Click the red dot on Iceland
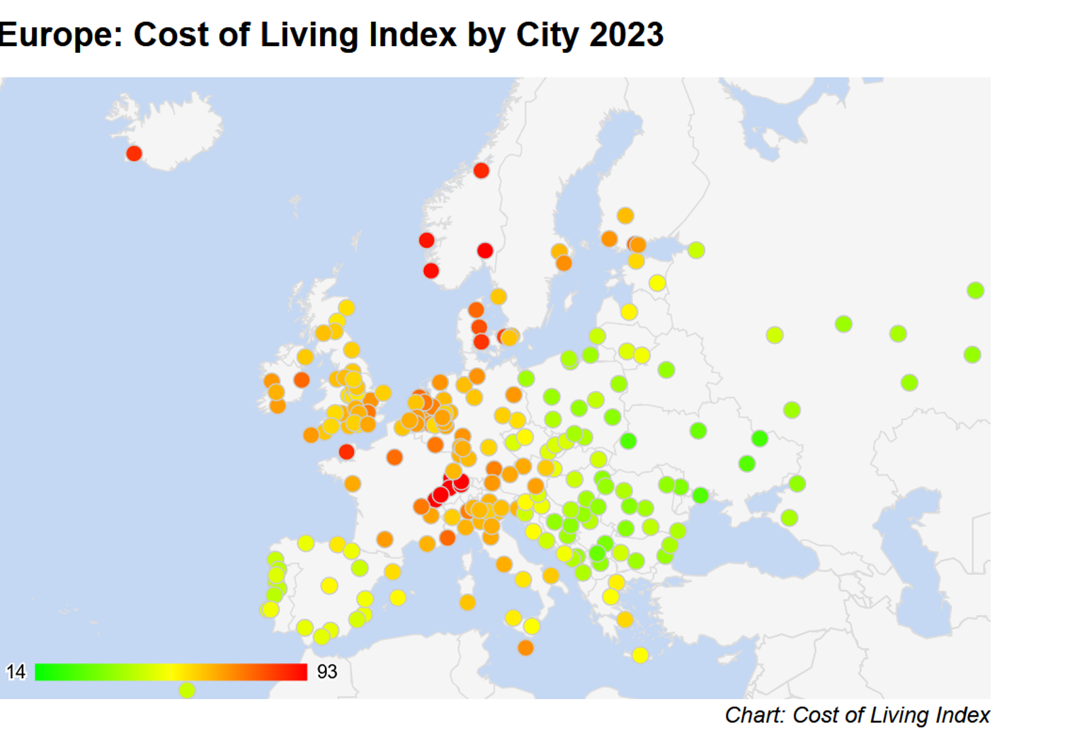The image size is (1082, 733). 134,153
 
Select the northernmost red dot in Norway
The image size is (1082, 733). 481,170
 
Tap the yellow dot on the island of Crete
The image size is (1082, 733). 640,655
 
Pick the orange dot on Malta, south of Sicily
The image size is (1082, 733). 526,648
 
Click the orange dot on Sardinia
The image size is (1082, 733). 467,602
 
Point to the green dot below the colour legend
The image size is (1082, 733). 187,690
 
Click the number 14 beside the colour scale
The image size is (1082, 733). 16,672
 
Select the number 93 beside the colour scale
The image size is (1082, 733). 327,672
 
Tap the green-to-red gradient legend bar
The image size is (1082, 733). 171,672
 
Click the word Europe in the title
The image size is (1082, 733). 58,35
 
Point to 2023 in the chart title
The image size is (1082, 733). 626,35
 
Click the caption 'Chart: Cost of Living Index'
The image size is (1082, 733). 857,715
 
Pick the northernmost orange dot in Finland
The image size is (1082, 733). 625,216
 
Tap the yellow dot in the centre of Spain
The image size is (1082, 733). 329,585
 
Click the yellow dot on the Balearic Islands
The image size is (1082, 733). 398,597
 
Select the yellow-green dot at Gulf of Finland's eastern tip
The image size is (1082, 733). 696,250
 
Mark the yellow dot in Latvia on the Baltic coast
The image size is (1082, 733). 629,312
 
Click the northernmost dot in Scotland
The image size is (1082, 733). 347,307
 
